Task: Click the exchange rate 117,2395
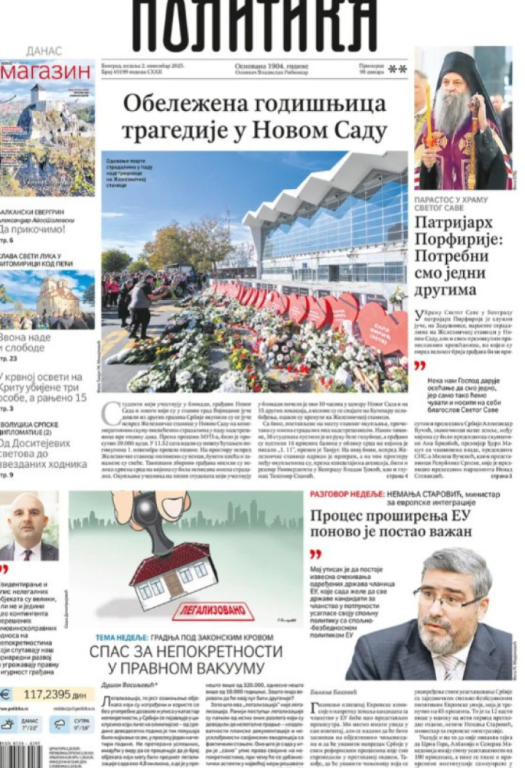coord(52,694)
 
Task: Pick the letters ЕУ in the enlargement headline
coord(460,515)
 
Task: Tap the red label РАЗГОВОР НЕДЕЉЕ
coord(346,494)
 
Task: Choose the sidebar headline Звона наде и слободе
coord(26,343)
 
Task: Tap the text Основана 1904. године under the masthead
coord(271,66)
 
